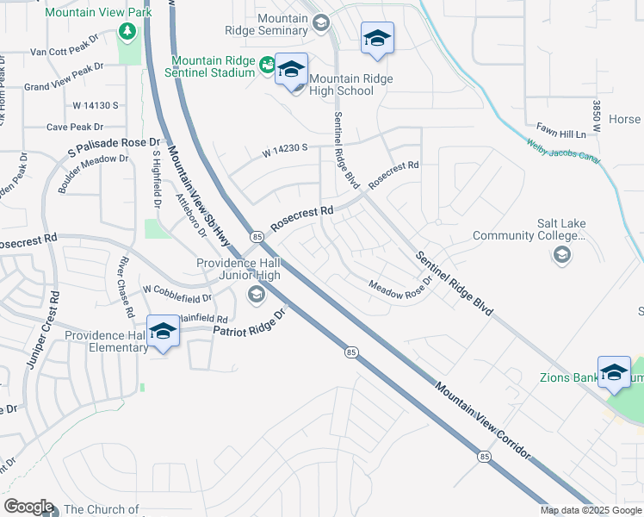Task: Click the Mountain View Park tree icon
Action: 128,32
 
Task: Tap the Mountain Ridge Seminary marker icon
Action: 320,23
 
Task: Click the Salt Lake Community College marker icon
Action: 561,253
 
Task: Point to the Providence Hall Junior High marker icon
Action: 256,296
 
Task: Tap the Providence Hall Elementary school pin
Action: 163,332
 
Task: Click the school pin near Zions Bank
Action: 614,372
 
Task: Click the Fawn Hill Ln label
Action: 575,134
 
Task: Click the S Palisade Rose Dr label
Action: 115,147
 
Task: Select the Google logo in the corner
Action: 28,507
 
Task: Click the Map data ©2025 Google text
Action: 590,510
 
